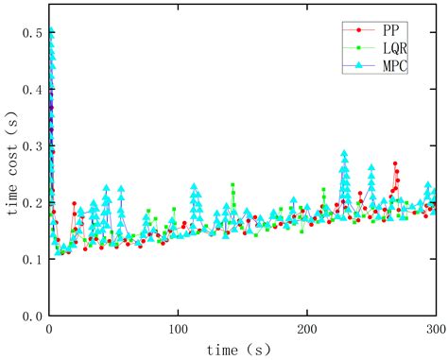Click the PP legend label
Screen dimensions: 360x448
(x=386, y=29)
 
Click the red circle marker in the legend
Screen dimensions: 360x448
(x=355, y=29)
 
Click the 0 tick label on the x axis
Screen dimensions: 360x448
(x=49, y=330)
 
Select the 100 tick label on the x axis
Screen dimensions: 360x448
(x=178, y=330)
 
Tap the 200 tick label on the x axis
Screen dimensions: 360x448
(x=306, y=330)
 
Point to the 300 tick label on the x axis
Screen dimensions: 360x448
(x=435, y=330)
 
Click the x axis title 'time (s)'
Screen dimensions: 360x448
(x=242, y=350)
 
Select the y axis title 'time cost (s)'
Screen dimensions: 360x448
(x=10, y=173)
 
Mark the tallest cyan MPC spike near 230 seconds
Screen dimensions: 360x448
(x=344, y=152)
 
